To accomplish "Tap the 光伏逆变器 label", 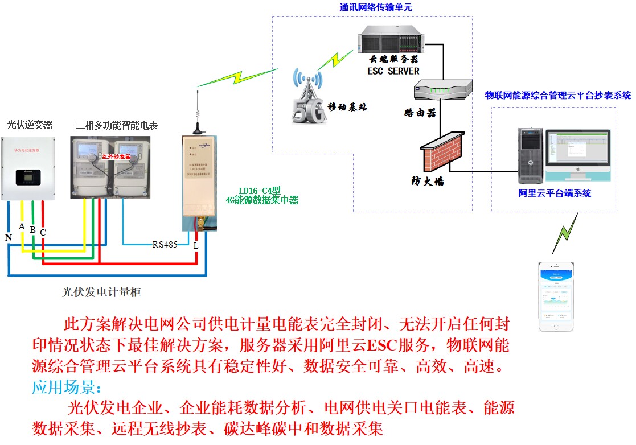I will pos(30,124).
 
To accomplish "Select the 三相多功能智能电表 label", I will pos(117,125).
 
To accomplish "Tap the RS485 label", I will pos(165,245).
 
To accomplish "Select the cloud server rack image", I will pos(391,40).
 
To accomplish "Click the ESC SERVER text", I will pos(393,71).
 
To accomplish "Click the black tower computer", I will pos(529,155).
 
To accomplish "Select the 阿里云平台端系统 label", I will pos(555,193).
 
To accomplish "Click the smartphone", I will pos(556,296).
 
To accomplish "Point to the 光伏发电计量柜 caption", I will pos(101,292).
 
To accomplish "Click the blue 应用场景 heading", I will pos(67,388).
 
